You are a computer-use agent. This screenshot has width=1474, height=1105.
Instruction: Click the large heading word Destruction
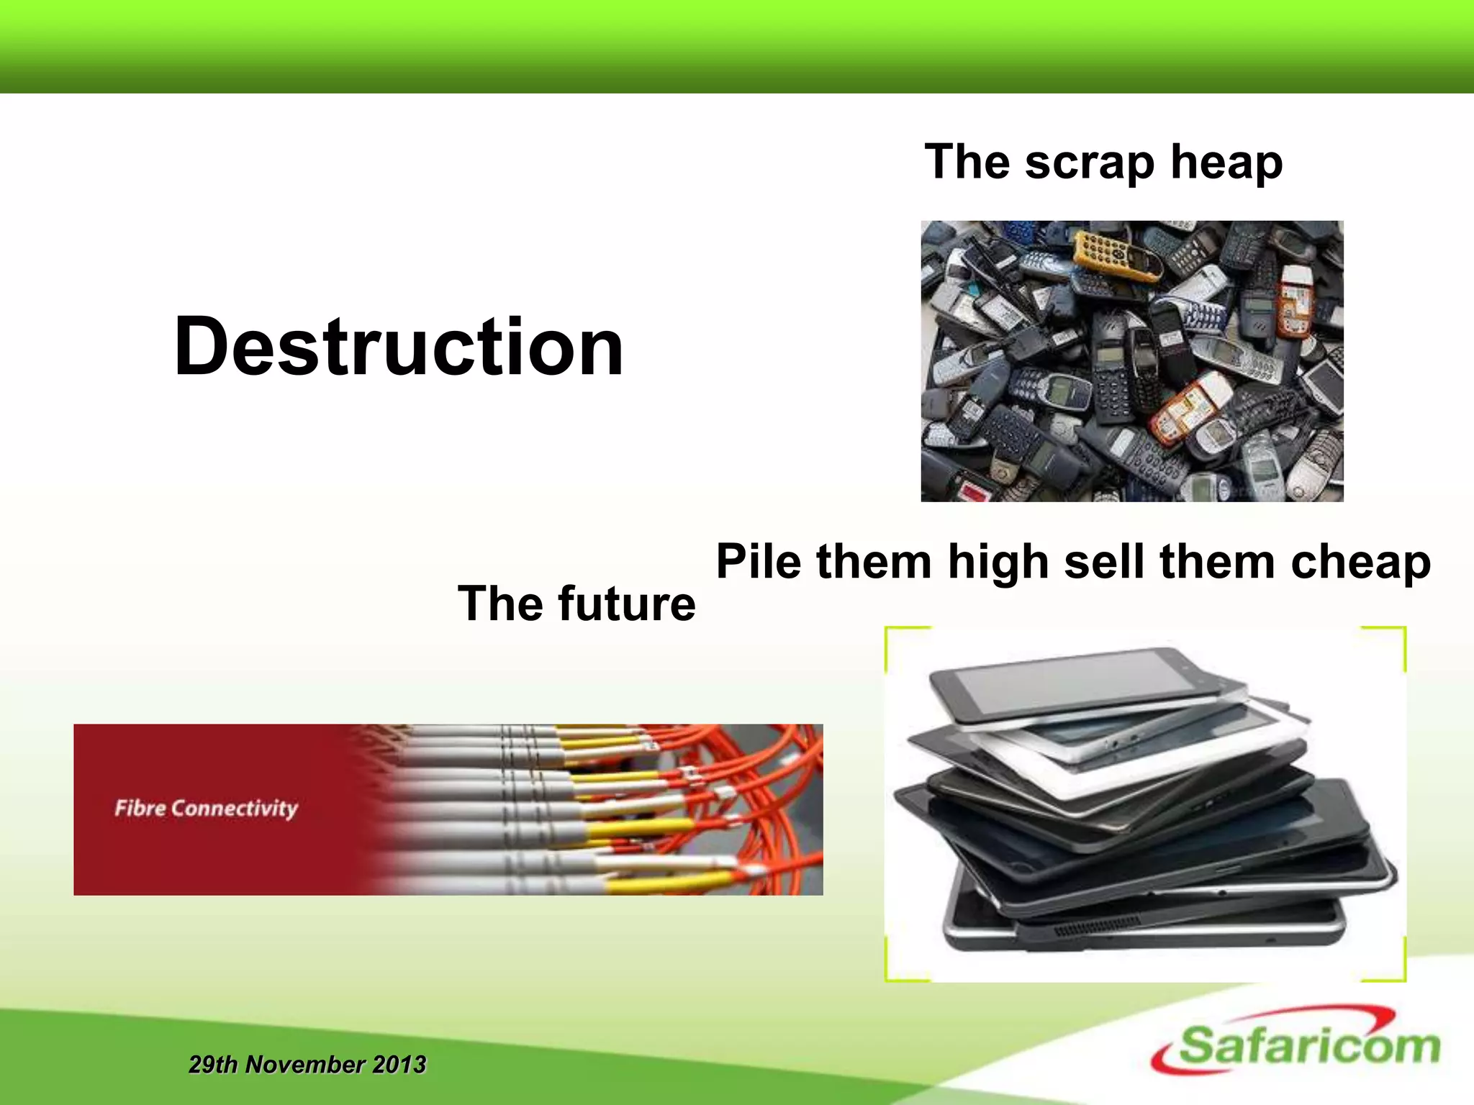(x=398, y=347)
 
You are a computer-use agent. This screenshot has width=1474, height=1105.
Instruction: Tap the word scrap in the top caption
(x=1090, y=163)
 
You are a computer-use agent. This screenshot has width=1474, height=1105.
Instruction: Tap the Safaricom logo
(x=1296, y=1043)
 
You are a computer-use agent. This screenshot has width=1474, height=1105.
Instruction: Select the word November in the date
(x=304, y=1064)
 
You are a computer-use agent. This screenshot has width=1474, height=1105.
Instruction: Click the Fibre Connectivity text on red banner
(x=206, y=809)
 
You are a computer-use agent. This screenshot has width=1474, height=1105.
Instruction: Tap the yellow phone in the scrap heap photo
(x=1116, y=255)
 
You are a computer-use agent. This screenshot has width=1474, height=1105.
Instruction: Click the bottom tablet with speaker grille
(x=1144, y=928)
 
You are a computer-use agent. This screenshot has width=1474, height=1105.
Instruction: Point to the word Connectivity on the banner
(x=235, y=809)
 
